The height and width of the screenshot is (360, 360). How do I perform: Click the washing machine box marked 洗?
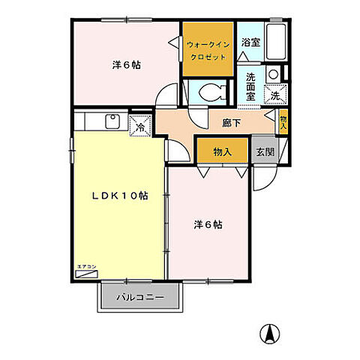[x=276, y=95]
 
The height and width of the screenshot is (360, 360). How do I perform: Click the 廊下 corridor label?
[x=229, y=122]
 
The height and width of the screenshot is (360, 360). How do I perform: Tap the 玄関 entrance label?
[x=263, y=151]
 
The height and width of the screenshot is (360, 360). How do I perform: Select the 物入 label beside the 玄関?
[x=223, y=151]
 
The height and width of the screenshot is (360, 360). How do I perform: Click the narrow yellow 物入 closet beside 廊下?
[x=283, y=121]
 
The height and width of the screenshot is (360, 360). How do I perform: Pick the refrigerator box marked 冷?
[x=139, y=126]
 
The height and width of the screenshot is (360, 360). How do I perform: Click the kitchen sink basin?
[x=113, y=121]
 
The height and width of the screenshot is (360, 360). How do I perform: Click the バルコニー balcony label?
[x=139, y=297]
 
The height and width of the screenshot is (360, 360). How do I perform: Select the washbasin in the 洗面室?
[x=274, y=74]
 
